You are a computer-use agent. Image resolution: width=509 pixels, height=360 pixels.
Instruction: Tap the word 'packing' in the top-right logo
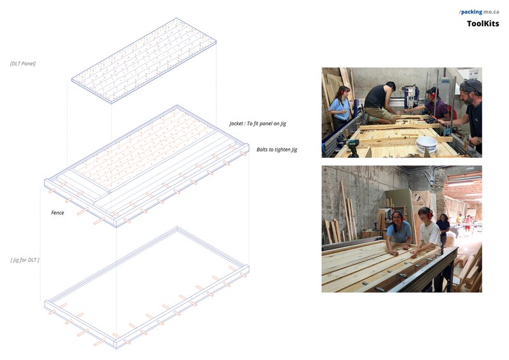point(471,11)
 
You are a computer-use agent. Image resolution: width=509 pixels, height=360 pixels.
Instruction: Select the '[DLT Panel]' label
point(23,64)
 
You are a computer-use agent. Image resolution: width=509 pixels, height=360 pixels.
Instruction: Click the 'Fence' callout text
point(57,212)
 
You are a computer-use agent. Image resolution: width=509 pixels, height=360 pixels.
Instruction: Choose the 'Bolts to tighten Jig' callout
point(277,149)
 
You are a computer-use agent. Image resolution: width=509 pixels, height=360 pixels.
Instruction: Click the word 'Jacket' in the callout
point(239,123)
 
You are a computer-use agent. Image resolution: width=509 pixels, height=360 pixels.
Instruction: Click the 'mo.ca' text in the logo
point(491,11)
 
